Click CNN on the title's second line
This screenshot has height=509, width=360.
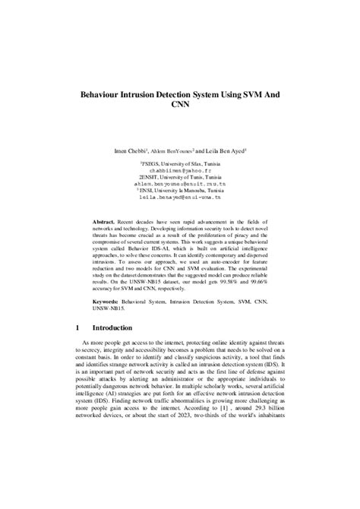click(x=179, y=109)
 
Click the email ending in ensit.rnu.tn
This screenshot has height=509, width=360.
click(x=179, y=183)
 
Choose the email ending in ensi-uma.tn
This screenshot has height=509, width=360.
click(x=179, y=195)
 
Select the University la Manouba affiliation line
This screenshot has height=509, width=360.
click(x=180, y=189)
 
